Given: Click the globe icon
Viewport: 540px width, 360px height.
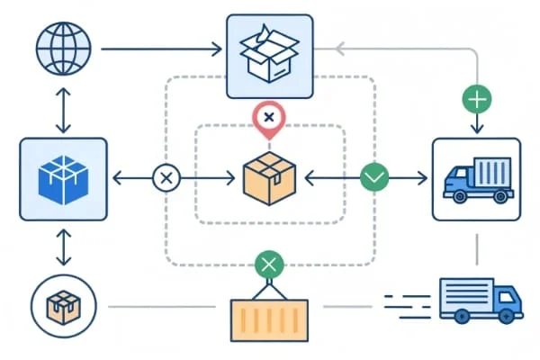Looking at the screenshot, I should [63, 49].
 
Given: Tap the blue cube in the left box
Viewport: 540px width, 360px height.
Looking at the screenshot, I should [63, 178].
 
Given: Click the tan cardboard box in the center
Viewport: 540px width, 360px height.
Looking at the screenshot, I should [269, 178].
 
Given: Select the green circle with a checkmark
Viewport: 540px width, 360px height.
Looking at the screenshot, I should [373, 178].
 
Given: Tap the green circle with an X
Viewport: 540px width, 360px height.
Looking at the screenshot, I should [269, 265].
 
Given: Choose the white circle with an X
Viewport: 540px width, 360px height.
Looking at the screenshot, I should [166, 178].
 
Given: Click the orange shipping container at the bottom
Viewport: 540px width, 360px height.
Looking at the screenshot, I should [269, 319].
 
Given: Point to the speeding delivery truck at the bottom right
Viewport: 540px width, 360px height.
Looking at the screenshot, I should [480, 299].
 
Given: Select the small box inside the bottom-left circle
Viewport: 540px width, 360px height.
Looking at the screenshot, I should [63, 306].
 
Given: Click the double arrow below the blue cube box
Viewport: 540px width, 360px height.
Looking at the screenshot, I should [63, 247].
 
